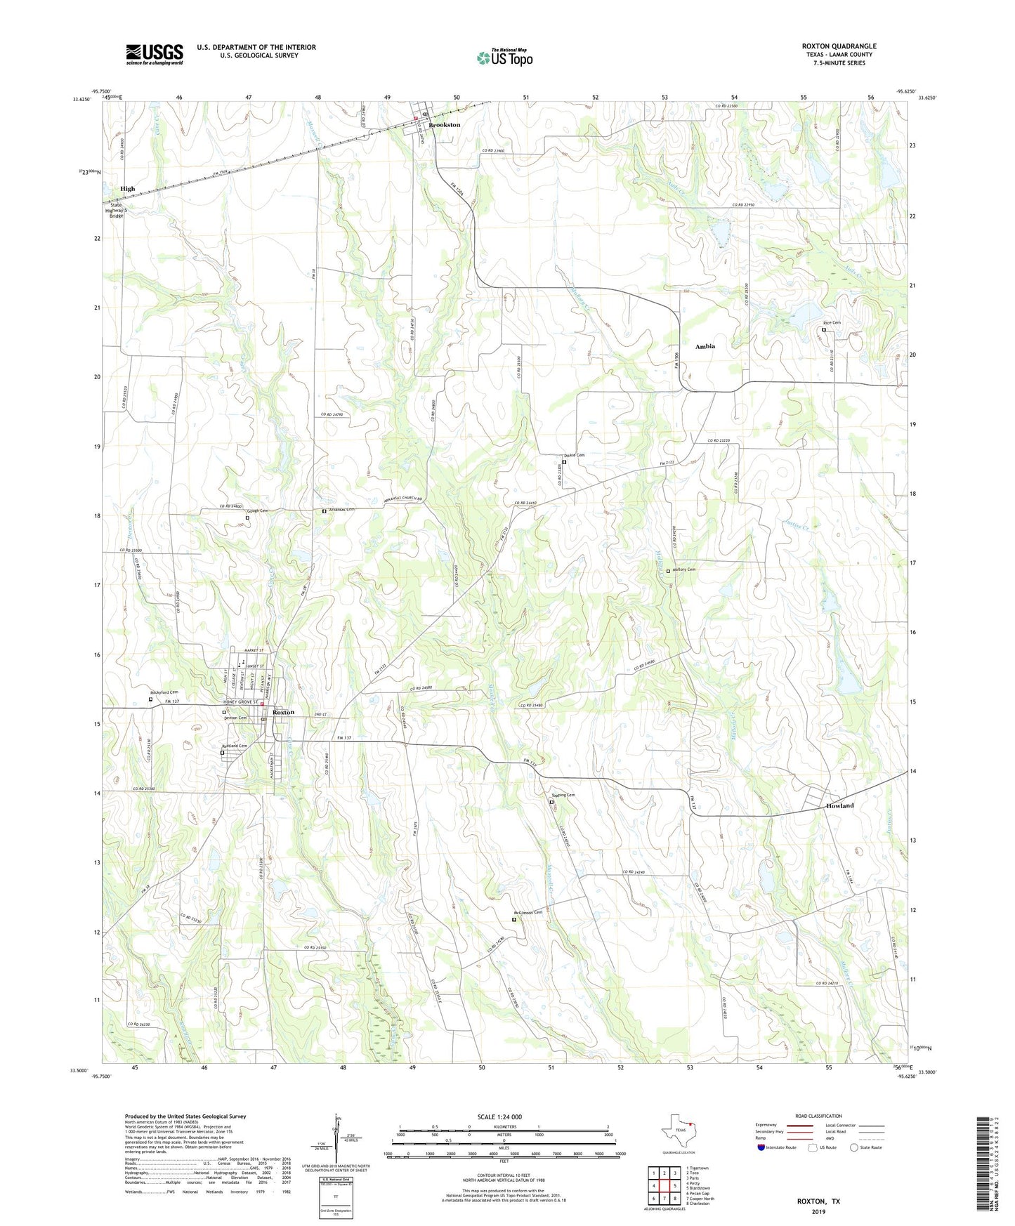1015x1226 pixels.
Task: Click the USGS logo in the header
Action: click(x=155, y=53)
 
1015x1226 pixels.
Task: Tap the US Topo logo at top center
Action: click(x=504, y=58)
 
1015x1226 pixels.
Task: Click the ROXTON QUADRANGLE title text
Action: click(x=839, y=46)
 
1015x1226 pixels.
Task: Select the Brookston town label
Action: click(x=444, y=125)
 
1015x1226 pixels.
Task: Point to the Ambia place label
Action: click(x=705, y=347)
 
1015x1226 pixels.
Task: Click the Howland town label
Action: click(x=839, y=805)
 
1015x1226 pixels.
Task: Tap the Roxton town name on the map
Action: click(x=283, y=712)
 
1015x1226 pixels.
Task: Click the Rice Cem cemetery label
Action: click(x=832, y=323)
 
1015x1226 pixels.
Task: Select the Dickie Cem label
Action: click(x=575, y=455)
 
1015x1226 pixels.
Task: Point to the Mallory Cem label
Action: click(x=683, y=569)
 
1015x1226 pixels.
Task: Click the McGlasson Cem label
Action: click(x=528, y=913)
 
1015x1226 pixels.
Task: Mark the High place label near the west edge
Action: click(x=127, y=189)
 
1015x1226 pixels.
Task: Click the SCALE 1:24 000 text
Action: click(x=499, y=1117)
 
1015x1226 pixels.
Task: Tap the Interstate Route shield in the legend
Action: click(x=761, y=1147)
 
